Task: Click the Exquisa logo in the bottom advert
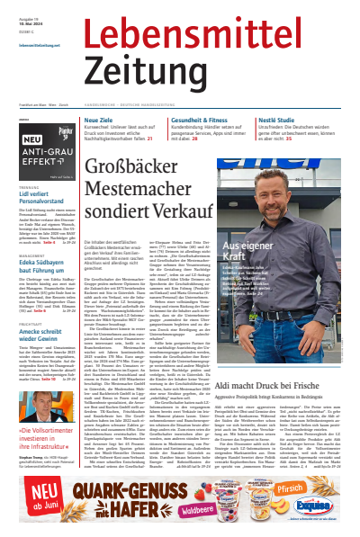click(x=334, y=504)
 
